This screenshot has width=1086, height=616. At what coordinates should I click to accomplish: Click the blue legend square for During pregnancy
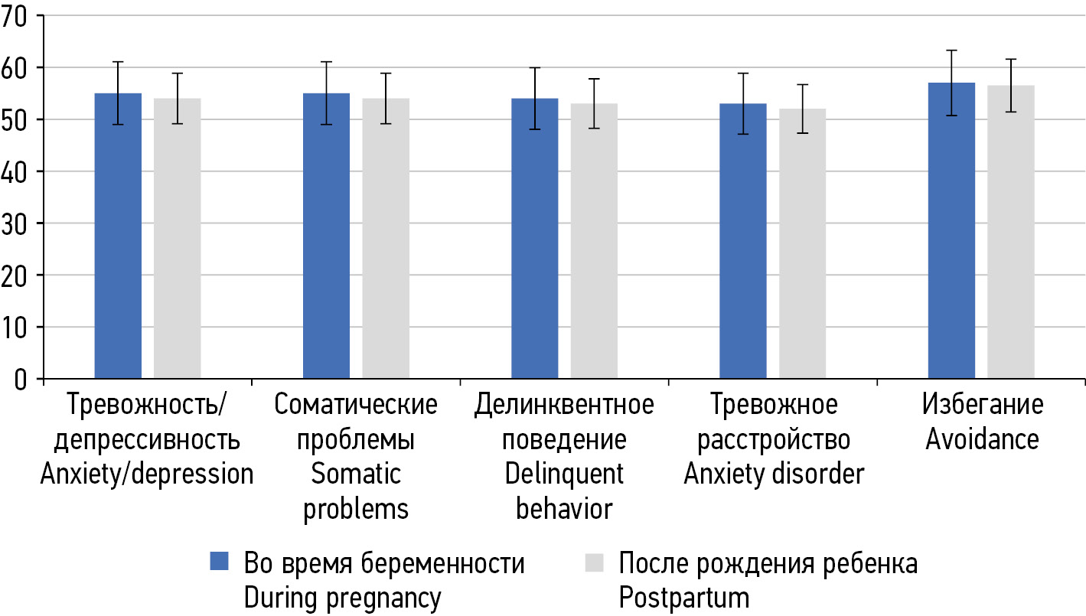click(x=220, y=562)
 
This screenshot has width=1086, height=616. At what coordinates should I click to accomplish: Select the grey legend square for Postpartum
click(x=594, y=562)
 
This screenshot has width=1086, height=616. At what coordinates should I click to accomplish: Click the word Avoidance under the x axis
click(x=982, y=439)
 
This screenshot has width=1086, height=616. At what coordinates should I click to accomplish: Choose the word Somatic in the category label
click(x=356, y=474)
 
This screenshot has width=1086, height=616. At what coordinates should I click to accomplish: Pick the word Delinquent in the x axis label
click(x=564, y=474)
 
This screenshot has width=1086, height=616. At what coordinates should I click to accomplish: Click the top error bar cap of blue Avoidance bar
click(x=951, y=51)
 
